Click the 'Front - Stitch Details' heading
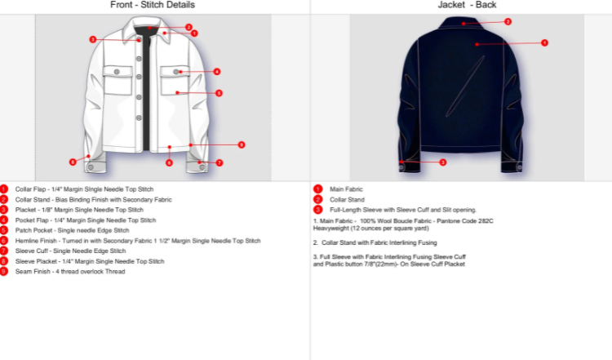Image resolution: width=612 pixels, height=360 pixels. tap(153, 5)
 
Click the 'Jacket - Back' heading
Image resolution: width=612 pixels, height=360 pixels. tap(466, 5)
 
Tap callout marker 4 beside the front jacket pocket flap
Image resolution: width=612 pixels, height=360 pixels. tap(217, 71)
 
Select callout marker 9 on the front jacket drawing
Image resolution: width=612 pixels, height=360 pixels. tap(242, 144)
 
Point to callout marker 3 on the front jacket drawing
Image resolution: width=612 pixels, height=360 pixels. tap(93, 39)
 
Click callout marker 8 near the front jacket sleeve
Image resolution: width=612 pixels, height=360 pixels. tap(73, 162)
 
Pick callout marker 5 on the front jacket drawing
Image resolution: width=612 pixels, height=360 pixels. tap(219, 93)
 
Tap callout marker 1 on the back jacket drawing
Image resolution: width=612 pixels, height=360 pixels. tap(544, 42)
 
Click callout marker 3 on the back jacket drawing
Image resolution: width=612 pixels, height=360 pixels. tap(442, 162)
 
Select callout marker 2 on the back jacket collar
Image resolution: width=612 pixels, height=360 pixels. tap(508, 22)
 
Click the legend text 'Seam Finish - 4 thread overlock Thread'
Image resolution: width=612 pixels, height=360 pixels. tap(70, 271)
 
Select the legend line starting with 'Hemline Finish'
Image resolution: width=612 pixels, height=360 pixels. tap(138, 241)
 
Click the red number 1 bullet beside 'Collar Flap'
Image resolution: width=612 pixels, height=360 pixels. tap(4, 189)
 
